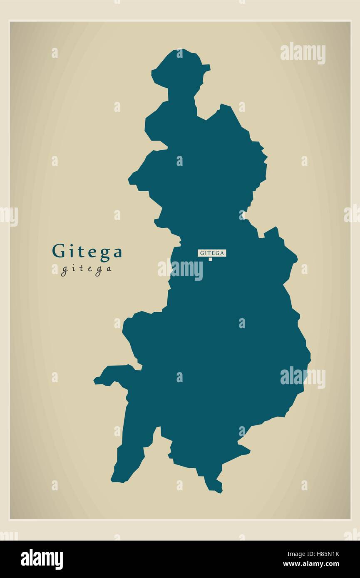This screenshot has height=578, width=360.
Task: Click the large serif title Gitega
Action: (87, 252)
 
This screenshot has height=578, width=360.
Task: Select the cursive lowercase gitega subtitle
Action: (86, 269)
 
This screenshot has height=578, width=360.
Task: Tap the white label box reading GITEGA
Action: (212, 252)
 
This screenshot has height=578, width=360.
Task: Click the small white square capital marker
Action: (210, 259)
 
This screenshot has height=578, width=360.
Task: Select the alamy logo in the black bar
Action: (42, 559)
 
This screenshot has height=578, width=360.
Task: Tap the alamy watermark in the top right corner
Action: (303, 53)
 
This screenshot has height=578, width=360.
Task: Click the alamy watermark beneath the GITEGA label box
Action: (180, 269)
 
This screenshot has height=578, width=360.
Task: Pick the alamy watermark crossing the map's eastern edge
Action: (303, 378)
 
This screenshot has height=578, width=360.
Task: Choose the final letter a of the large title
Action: (118, 253)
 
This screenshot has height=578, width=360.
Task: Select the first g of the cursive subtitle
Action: (65, 271)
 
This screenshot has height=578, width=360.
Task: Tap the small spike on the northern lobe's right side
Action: (208, 67)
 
